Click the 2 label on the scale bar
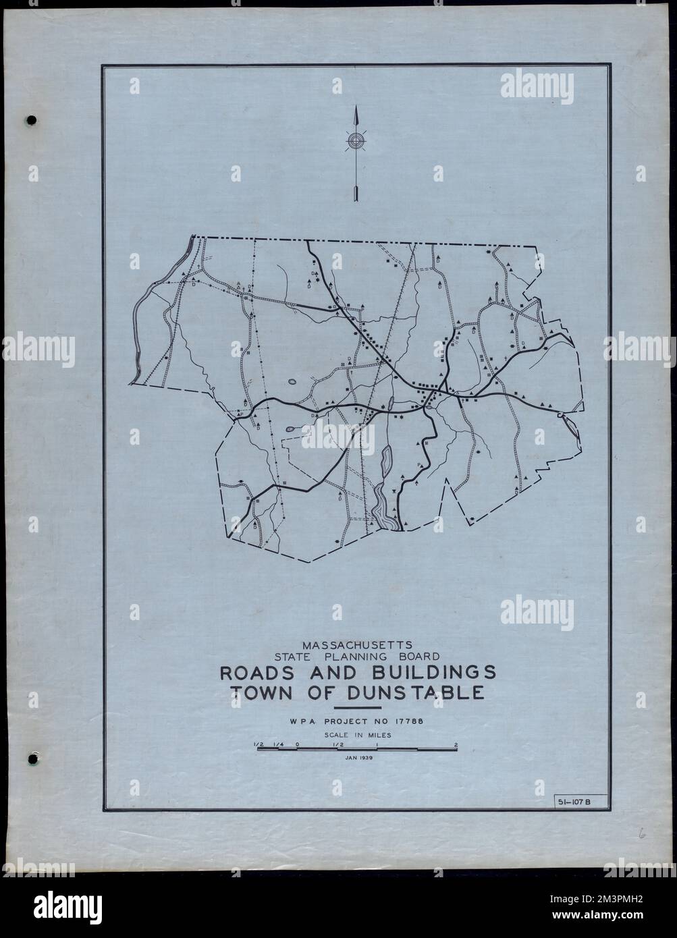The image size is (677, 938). (x=457, y=745)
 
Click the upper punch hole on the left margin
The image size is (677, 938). (x=32, y=121)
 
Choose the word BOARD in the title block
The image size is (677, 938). (x=418, y=655)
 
